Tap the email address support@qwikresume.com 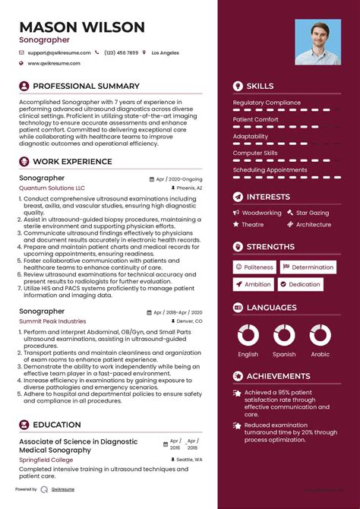pyautogui.click(x=59, y=52)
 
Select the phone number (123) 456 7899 pyautogui.click(x=122, y=52)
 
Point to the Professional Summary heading pyautogui.click(x=87, y=86)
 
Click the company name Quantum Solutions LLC pyautogui.click(x=52, y=188)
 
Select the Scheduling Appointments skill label pyautogui.click(x=270, y=170)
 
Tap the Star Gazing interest pyautogui.click(x=312, y=213)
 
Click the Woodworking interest pyautogui.click(x=262, y=213)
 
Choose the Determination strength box pyautogui.click(x=308, y=267)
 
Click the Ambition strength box pyautogui.click(x=254, y=284)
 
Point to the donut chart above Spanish pyautogui.click(x=284, y=334)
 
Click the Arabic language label pyautogui.click(x=321, y=354)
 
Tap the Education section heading pyautogui.click(x=57, y=425)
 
